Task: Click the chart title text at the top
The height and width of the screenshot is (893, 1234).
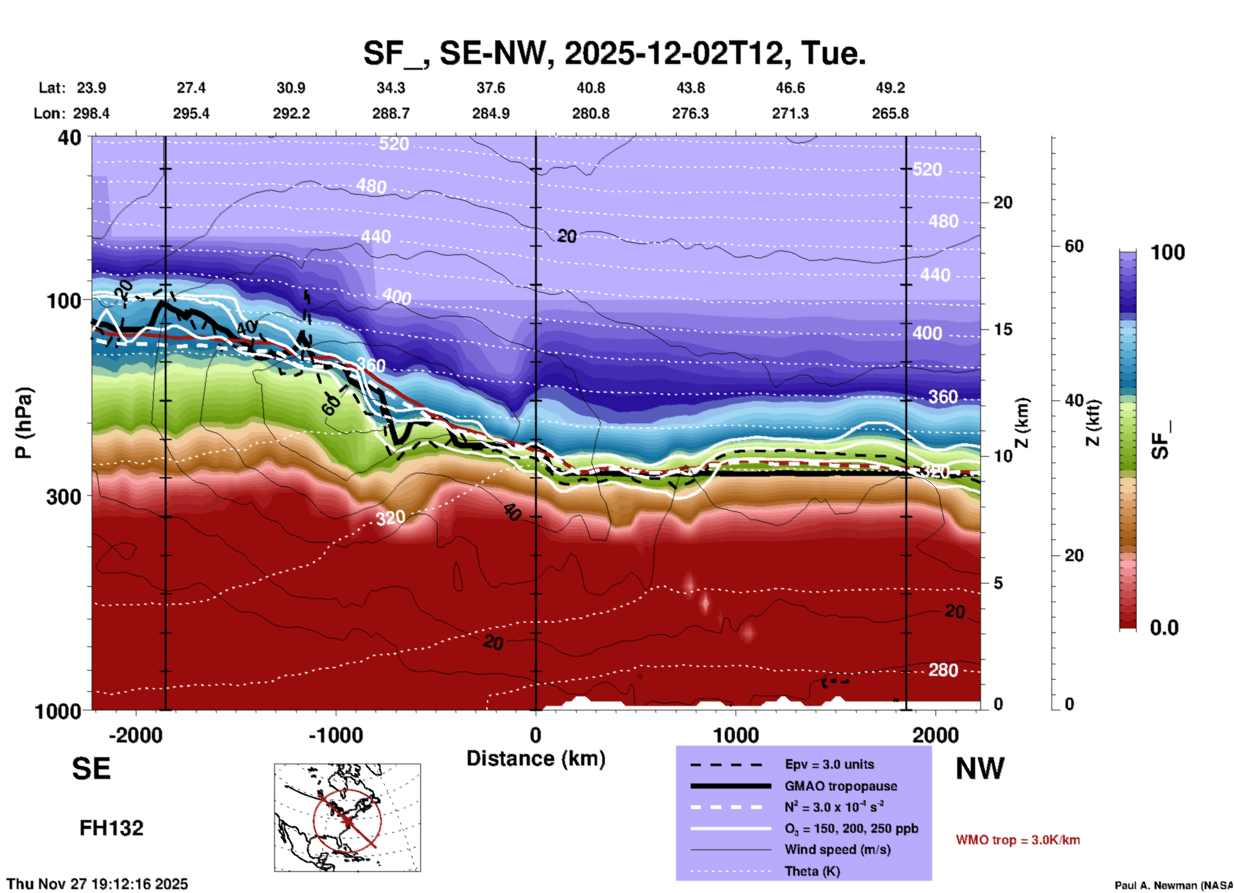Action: point(614,53)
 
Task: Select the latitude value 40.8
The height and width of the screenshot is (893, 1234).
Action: point(590,88)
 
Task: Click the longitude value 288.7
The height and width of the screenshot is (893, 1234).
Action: point(390,113)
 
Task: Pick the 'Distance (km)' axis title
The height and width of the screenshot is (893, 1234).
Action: point(536,758)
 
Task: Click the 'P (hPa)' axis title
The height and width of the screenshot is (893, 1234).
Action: point(24,423)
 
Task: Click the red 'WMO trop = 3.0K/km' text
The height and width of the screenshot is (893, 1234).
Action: point(1017,840)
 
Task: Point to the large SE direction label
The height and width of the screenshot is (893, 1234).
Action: point(91,769)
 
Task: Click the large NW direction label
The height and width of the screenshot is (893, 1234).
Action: point(980,769)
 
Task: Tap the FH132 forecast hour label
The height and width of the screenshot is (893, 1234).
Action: point(111,828)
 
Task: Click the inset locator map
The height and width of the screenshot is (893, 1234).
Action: point(347,817)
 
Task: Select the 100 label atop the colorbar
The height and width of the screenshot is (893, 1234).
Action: point(1167,252)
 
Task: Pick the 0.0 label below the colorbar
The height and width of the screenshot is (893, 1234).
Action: point(1164,628)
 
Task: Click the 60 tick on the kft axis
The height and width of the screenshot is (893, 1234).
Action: point(1074,246)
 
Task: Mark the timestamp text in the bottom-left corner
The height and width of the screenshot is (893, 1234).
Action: point(97,884)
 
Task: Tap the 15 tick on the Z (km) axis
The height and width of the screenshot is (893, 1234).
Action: point(1003,329)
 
